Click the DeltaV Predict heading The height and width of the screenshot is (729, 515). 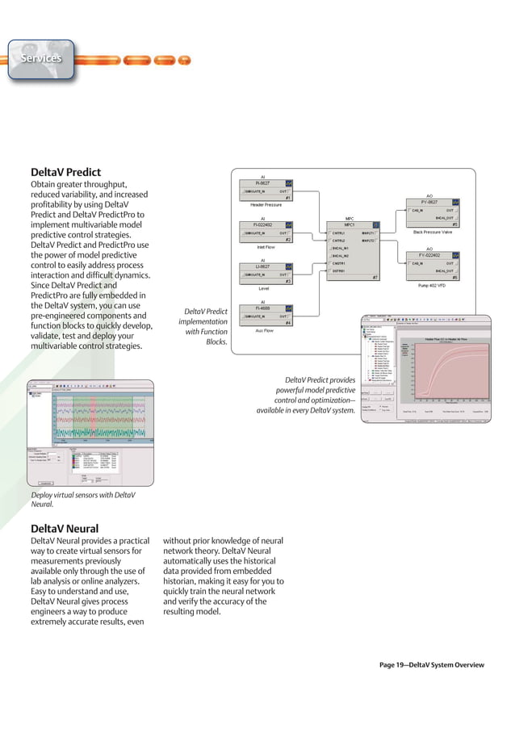(x=65, y=172)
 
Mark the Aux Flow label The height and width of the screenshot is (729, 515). (x=264, y=329)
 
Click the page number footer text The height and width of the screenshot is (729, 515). (x=431, y=664)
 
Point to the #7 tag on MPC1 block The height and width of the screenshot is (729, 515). (x=375, y=277)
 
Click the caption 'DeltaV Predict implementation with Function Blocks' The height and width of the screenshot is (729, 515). (x=203, y=326)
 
